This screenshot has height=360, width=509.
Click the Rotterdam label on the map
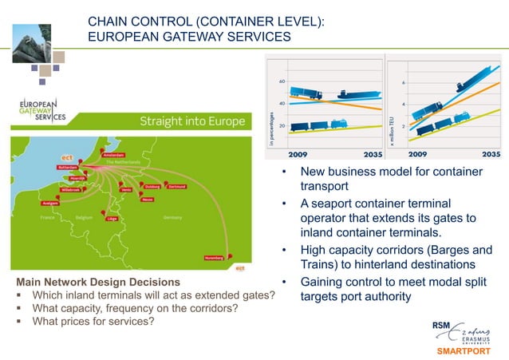[x=67, y=168]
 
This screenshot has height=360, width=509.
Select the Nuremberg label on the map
[x=212, y=258]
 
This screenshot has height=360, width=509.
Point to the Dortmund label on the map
[x=176, y=187]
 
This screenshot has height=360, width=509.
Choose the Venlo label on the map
[x=125, y=190]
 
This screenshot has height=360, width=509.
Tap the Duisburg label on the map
[x=148, y=186]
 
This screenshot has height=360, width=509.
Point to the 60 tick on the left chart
[x=282, y=82]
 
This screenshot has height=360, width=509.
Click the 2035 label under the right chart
[x=491, y=154]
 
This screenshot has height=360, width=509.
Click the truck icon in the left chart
[x=307, y=94]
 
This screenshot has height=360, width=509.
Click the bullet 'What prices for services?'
[x=93, y=322]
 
